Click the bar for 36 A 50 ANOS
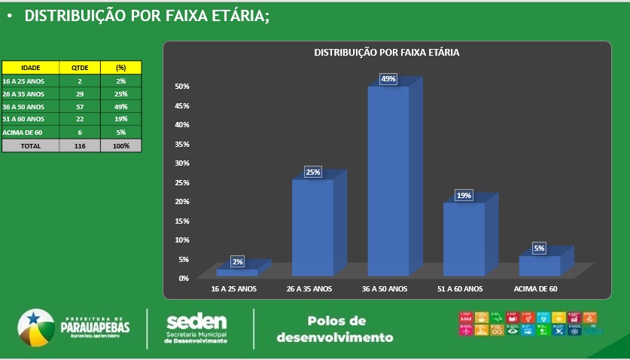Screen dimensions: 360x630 [388, 181]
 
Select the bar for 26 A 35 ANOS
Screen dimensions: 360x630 [312, 227]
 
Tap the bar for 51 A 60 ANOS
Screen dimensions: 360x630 [463, 239]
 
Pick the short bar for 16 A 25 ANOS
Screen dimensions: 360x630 [237, 273]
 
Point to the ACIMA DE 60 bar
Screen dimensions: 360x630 [540, 266]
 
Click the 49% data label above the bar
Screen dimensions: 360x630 [388, 79]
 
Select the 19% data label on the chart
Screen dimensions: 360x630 [464, 196]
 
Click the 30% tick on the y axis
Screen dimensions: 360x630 [182, 163]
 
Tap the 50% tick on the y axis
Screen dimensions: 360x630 [182, 86]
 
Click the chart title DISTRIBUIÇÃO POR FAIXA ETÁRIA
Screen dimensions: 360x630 [386, 53]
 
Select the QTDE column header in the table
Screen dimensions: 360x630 [80, 67]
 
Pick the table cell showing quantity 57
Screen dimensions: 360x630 [80, 107]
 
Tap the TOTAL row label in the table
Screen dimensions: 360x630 [31, 146]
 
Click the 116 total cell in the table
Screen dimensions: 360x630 [80, 146]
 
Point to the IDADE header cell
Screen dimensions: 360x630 [31, 67]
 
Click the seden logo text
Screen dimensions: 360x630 [196, 322]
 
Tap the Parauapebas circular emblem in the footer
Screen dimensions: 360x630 [37, 328]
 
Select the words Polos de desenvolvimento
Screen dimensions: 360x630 [335, 329]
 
